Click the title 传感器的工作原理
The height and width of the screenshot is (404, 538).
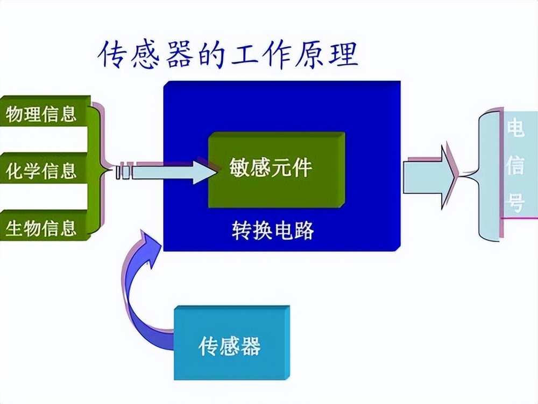click(x=228, y=55)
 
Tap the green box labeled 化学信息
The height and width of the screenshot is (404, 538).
click(x=43, y=171)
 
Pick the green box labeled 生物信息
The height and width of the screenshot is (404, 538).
click(x=43, y=228)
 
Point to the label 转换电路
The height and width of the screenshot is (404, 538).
click(x=273, y=231)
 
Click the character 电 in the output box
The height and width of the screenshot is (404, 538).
click(x=515, y=130)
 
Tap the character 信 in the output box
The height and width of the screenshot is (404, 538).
click(x=515, y=167)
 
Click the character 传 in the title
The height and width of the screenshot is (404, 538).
click(x=114, y=55)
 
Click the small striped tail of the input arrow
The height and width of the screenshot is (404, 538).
click(x=123, y=172)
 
